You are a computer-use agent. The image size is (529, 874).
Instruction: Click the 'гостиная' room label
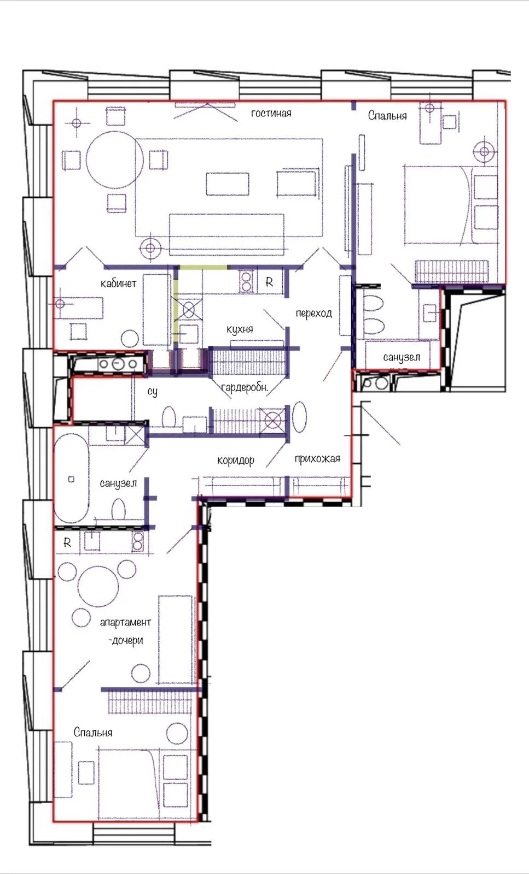tap(271, 114)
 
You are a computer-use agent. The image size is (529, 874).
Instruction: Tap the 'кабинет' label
tap(118, 284)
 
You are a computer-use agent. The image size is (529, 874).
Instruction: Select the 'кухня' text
tap(240, 329)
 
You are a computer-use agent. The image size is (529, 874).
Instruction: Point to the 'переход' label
tap(313, 313)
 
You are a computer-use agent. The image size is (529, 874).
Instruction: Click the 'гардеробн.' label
tap(245, 387)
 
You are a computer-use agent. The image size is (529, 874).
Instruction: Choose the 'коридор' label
tap(236, 461)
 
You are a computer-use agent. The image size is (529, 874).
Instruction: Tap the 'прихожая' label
tap(317, 459)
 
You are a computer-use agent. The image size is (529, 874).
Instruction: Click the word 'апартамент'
tap(125, 622)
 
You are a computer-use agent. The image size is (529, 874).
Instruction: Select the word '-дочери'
tap(125, 640)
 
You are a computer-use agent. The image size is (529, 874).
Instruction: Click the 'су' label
tap(153, 391)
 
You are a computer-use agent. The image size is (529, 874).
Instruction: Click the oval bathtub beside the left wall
tap(71, 479)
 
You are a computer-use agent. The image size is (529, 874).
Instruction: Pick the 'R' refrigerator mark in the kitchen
tap(269, 282)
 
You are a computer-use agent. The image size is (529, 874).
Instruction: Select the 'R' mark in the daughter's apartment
tap(67, 542)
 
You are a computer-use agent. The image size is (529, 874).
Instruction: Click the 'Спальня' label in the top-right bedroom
tap(387, 115)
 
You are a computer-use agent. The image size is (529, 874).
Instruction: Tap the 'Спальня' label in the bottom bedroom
tap(93, 733)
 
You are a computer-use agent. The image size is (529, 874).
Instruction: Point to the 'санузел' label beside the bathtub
tap(118, 483)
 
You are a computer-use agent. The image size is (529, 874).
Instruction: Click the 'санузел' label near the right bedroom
tap(402, 357)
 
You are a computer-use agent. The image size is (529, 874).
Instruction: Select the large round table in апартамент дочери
tap(98, 586)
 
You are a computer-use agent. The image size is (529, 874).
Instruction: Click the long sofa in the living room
tap(226, 234)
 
